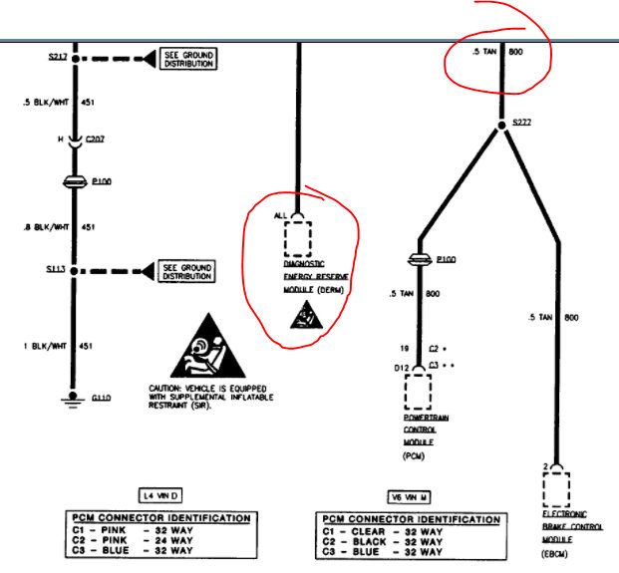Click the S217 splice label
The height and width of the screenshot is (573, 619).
(x=57, y=57)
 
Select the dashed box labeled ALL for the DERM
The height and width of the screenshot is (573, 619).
(x=298, y=239)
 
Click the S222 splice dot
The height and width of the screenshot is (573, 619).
(x=500, y=126)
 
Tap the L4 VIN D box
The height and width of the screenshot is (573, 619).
(x=159, y=495)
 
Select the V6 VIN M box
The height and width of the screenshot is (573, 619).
(x=409, y=495)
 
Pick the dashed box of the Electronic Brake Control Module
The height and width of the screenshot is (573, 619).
(x=556, y=490)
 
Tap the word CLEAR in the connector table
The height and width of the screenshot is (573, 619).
(x=372, y=532)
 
